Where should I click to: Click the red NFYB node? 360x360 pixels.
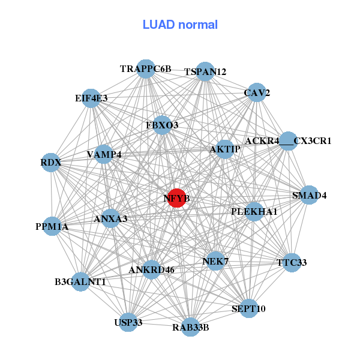pos(176,197)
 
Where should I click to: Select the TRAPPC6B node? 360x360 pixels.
pos(146,69)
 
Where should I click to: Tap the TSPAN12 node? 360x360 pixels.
pos(205,71)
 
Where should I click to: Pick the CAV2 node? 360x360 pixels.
pos(257,92)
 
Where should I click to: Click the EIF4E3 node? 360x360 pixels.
pos(91,98)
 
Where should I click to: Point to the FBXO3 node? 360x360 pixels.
pos(162,125)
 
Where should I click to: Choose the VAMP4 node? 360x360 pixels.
pos(104,154)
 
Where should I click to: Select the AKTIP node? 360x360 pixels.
pos(224,149)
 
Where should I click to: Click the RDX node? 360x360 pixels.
pos(51,163)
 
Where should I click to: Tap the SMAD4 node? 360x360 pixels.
pos(309,195)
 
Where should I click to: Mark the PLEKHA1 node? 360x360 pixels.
pos(254,212)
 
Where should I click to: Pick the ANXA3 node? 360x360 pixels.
pos(111,219)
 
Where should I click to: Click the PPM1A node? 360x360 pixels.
pos(52,227)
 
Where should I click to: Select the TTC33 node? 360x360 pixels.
pos(292,263)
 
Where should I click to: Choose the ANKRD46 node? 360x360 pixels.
pos(151,269)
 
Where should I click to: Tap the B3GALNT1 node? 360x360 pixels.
pos(80,281)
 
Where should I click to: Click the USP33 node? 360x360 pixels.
pos(128,322)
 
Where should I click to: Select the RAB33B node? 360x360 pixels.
pos(190,327)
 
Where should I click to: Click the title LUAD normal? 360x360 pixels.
pos(180,25)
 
